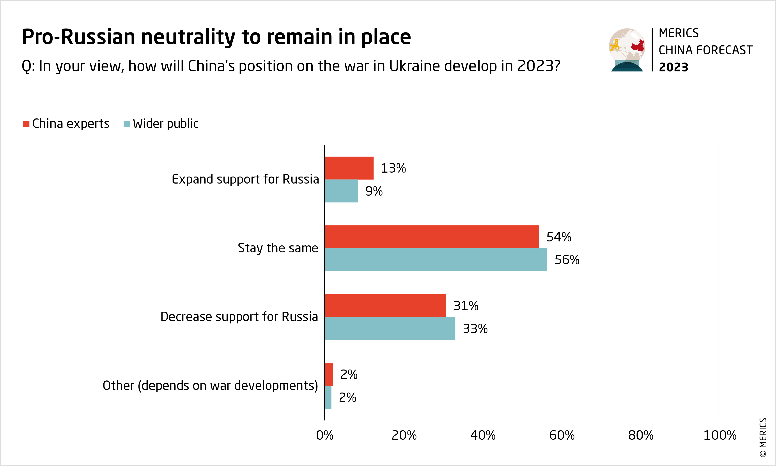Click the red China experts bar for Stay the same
[432, 237]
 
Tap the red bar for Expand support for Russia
[349, 168]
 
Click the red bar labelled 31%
[385, 305]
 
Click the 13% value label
[393, 168]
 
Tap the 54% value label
[559, 237]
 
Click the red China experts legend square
[26, 124]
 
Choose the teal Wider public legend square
[127, 124]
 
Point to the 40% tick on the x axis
[483, 436]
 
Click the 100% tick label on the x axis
[719, 436]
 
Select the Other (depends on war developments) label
[210, 386]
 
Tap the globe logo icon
[627, 50]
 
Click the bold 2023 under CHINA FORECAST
[673, 67]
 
